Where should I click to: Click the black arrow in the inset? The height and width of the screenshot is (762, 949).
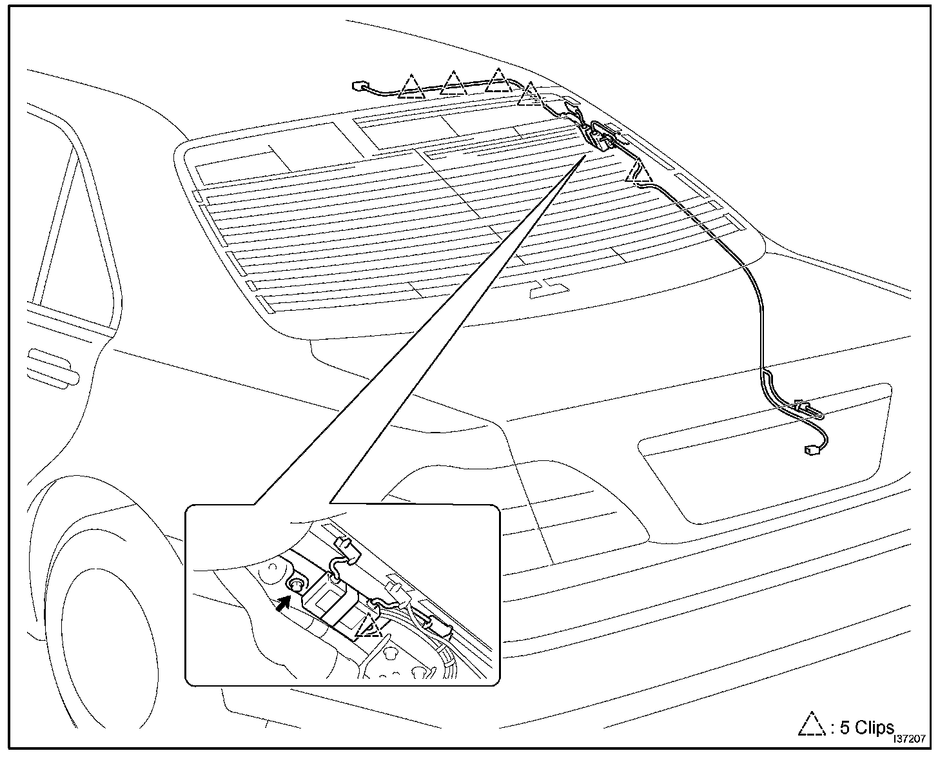click(x=281, y=604)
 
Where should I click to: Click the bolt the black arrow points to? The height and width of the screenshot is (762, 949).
click(x=296, y=585)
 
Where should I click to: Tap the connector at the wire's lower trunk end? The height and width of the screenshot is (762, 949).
click(x=810, y=451)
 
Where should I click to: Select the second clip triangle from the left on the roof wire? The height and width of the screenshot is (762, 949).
click(x=454, y=83)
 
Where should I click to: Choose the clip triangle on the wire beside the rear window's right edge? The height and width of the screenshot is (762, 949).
click(x=638, y=173)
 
